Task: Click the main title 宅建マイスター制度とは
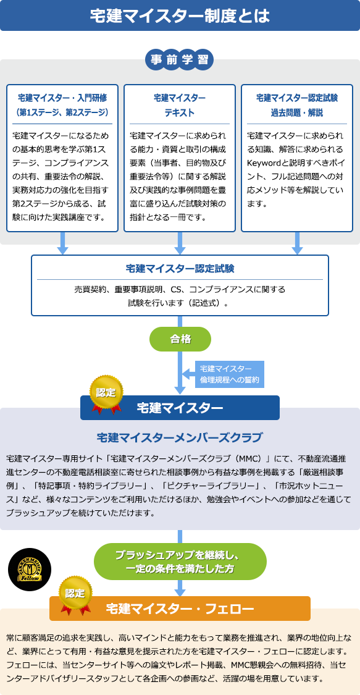pos(180,15)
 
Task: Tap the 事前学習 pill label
pos(180,61)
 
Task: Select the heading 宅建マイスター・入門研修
pos(62,98)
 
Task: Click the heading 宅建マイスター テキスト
pos(180,105)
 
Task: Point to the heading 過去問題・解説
pos(297,113)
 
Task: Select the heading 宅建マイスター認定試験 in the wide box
pos(180,269)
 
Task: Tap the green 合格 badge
pos(180,339)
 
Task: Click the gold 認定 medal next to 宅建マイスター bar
pos(106,392)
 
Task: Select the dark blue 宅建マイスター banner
pos(180,408)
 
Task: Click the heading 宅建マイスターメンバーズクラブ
pos(180,438)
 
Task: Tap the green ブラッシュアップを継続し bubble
pos(180,561)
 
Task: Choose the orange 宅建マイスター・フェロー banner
pos(180,609)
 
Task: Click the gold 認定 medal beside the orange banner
pos(75,594)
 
